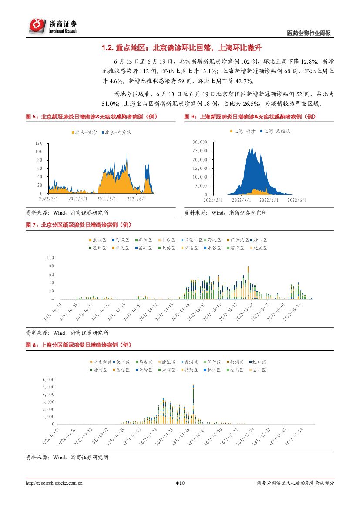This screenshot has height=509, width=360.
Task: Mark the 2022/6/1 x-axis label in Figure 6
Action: click(298, 200)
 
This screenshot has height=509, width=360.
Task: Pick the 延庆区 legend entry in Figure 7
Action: click(259, 248)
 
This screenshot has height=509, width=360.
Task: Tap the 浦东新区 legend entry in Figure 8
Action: click(101, 362)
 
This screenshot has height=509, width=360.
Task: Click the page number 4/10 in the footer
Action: click(180, 483)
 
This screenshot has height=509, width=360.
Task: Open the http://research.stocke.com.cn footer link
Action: click(54, 483)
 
